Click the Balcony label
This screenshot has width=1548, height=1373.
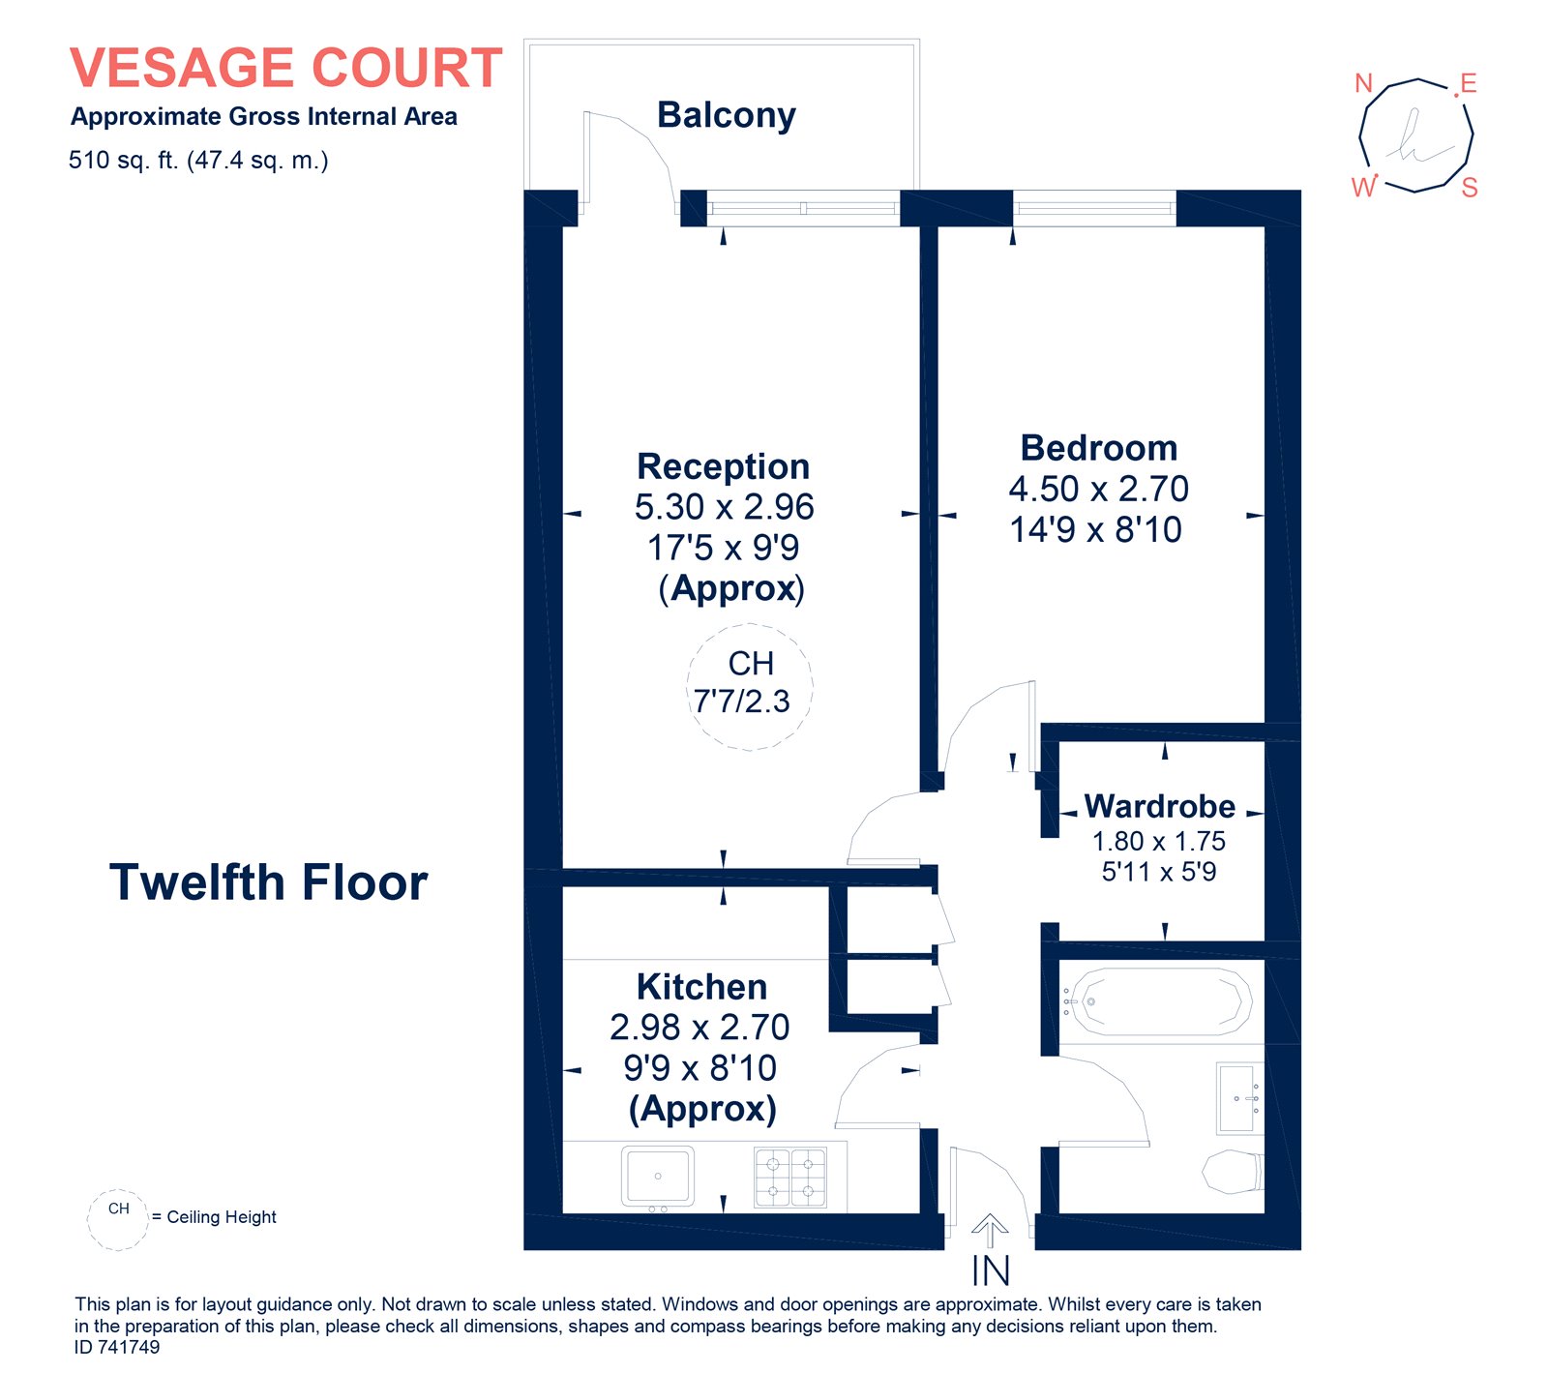tap(727, 115)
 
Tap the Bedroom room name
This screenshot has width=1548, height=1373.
tap(1099, 448)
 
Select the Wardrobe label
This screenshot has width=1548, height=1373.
tap(1159, 806)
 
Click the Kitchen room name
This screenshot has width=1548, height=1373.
tap(701, 987)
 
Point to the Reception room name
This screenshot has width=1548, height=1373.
tap(723, 466)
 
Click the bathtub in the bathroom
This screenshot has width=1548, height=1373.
tap(1158, 1001)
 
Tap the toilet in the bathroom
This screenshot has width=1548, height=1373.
tap(1233, 1172)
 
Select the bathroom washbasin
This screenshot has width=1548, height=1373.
tap(1239, 1098)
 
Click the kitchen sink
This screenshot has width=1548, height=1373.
tap(658, 1178)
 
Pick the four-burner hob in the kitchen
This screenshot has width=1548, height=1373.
tap(790, 1177)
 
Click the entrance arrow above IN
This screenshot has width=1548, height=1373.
tap(990, 1232)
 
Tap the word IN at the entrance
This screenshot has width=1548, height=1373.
tap(991, 1270)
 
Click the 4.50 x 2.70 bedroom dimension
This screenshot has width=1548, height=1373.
tap(1098, 489)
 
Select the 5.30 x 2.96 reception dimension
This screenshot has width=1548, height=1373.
tap(724, 507)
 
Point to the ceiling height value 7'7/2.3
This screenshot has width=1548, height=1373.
tap(741, 701)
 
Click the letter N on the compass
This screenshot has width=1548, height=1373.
tap(1364, 83)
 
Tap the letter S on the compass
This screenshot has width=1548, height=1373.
tap(1470, 188)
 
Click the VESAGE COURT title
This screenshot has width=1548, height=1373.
tap(286, 68)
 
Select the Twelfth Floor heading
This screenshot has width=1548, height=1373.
tap(268, 882)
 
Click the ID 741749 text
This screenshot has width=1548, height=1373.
tap(117, 1347)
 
